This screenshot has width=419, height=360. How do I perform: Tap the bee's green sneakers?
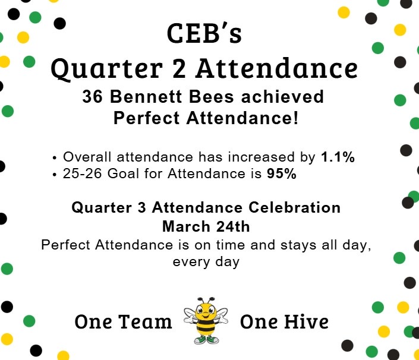click(x=206, y=340)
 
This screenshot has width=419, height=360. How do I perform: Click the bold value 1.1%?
click(x=338, y=157)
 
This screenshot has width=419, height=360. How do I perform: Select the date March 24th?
click(x=206, y=226)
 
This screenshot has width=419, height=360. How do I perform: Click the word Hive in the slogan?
click(x=306, y=322)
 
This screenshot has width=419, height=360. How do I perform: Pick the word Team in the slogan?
click(x=146, y=322)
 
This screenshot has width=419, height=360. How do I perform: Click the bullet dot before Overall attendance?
click(x=55, y=158)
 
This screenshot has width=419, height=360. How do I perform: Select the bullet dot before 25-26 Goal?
click(x=55, y=175)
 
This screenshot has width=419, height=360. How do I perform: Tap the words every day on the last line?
click(x=206, y=261)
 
